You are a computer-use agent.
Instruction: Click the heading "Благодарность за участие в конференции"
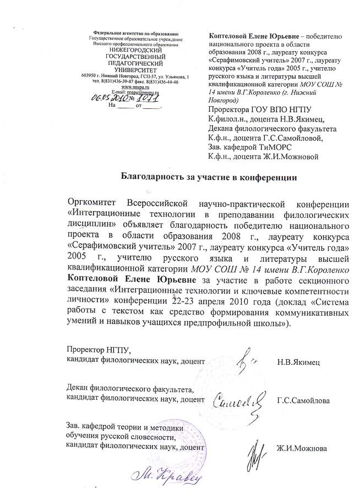coord(209,177)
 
